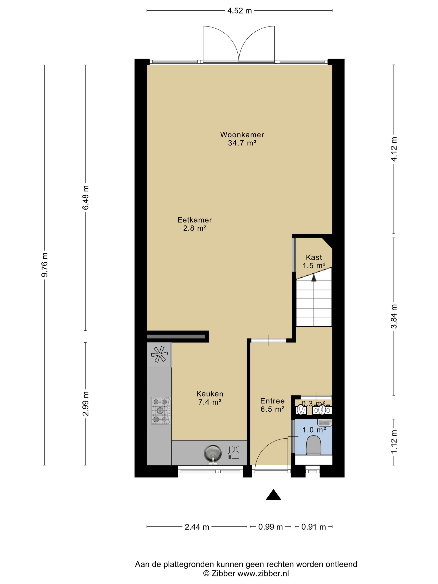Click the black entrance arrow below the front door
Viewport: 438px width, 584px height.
coord(273,495)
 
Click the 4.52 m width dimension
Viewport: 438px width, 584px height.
coord(239,11)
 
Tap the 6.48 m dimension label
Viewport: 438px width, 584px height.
coord(86,198)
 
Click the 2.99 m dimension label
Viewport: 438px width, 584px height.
coord(86,404)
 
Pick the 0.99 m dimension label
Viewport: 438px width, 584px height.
coord(270,527)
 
